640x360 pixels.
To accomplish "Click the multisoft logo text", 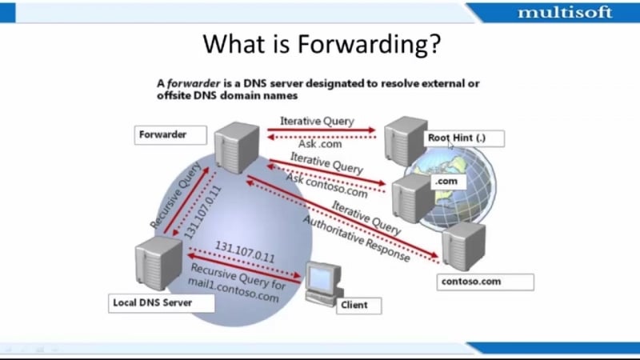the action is (x=565, y=13).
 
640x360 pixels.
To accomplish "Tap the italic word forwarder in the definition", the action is (x=194, y=83).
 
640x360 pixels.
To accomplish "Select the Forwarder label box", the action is (x=170, y=135).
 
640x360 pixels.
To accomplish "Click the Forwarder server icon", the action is (x=237, y=147).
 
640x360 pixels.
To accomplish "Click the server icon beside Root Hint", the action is (x=405, y=141).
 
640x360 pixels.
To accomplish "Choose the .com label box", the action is (x=449, y=182).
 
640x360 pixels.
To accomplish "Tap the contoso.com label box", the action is (x=486, y=282).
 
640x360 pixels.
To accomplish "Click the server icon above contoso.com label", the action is (x=464, y=246).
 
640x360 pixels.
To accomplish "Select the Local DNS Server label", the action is (x=162, y=303).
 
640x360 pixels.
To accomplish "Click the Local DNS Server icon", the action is (x=158, y=263).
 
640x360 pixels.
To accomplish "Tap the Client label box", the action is (x=358, y=306).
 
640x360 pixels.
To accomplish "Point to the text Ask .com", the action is (x=320, y=144).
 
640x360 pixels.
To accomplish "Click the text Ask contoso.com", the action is (x=326, y=185).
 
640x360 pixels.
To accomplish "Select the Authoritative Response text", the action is (x=356, y=238).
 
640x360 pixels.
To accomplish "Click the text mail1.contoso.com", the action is (x=234, y=290).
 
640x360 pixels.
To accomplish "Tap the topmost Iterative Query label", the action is (x=317, y=122).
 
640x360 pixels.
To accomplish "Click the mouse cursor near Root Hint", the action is (x=450, y=145).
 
